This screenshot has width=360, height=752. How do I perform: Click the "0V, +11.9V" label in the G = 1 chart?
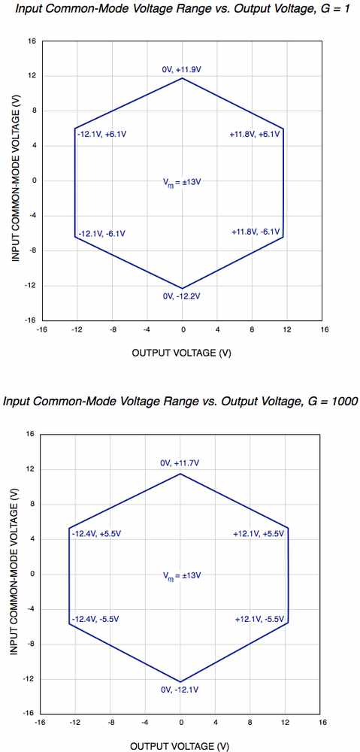(182, 69)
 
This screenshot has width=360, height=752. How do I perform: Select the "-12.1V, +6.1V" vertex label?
(101, 135)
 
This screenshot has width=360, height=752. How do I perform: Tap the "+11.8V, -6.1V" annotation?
(256, 232)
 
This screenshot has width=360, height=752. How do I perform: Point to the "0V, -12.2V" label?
(182, 296)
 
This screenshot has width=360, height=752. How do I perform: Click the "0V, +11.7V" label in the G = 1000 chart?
(180, 464)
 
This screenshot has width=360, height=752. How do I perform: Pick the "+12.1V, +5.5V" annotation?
(259, 534)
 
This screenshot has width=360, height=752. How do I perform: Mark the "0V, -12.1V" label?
(180, 690)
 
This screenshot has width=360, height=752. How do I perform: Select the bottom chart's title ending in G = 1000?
(180, 401)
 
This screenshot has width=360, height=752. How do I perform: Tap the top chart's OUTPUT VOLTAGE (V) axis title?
(181, 353)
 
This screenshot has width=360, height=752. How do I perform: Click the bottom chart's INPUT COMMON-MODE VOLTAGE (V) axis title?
(15, 574)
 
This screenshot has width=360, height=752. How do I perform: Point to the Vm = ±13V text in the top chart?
(182, 182)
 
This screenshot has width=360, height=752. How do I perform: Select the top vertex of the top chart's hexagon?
(182, 77)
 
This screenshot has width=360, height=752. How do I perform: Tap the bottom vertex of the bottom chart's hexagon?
(180, 682)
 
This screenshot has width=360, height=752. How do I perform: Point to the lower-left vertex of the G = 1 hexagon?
(75, 236)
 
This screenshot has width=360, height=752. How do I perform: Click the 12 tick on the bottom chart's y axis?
(30, 469)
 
